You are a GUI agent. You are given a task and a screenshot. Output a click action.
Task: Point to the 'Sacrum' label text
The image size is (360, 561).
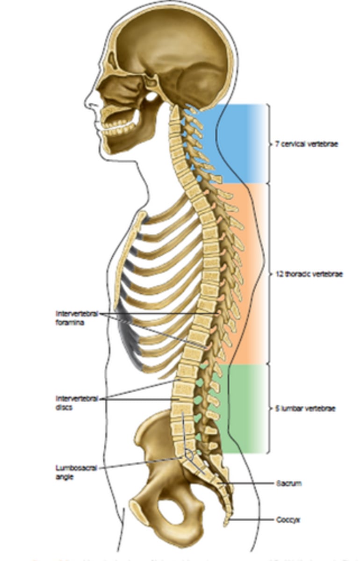[288, 483]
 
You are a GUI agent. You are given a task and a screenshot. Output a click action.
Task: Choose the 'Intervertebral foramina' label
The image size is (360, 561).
[77, 318]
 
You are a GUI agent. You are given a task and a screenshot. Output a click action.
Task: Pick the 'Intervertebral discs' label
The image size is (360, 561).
[77, 402]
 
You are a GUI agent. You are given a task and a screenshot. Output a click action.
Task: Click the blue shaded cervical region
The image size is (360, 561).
[238, 140]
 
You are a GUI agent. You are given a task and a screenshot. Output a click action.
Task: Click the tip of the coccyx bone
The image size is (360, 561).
[226, 524]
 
